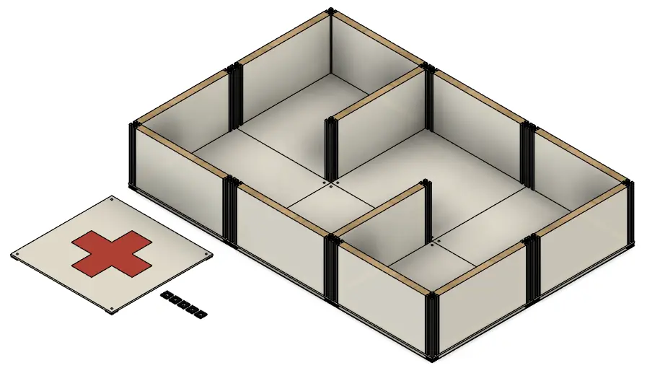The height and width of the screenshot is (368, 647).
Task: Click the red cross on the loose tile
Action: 112,253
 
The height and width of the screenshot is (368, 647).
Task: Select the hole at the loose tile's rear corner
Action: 113,198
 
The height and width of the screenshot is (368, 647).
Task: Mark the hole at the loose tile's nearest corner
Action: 113,310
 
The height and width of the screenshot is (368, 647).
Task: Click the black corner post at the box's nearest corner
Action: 432,325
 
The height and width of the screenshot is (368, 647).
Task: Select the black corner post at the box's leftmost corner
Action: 133,155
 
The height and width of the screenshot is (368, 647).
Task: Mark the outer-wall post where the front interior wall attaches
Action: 331,267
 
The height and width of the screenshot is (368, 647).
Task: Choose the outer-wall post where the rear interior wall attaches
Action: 427,97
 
